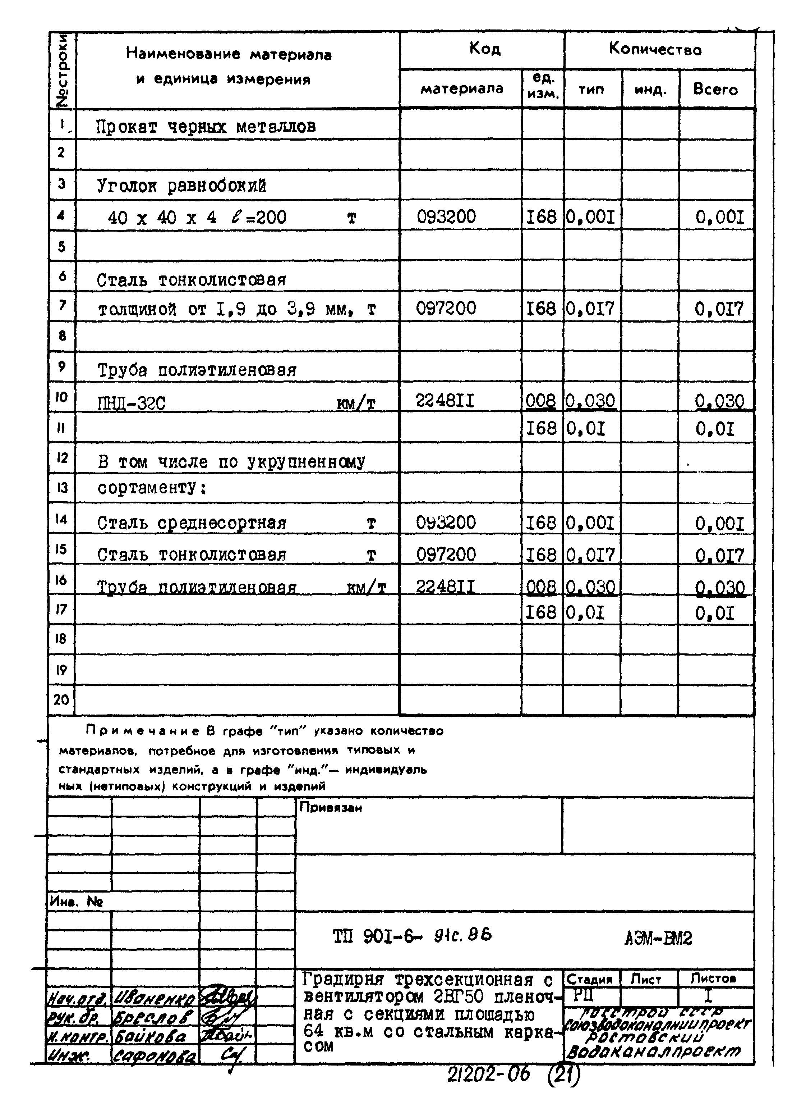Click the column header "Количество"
655,49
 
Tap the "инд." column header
650,90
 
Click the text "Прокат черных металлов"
206,127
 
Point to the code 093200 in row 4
446,217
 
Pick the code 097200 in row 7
446,309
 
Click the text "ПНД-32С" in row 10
132,404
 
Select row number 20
61,700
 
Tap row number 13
62,488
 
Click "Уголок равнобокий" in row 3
181,186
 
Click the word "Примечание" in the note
142,731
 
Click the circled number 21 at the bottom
565,1075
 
